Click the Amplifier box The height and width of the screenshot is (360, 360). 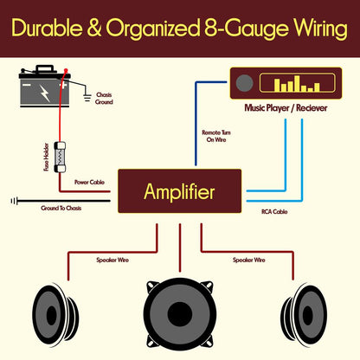[179, 191]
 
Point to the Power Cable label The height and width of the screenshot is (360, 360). [91, 183]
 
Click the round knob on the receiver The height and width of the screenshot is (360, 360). [247, 85]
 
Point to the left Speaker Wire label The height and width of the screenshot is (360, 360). [114, 259]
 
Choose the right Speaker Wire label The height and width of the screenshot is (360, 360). [248, 259]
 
